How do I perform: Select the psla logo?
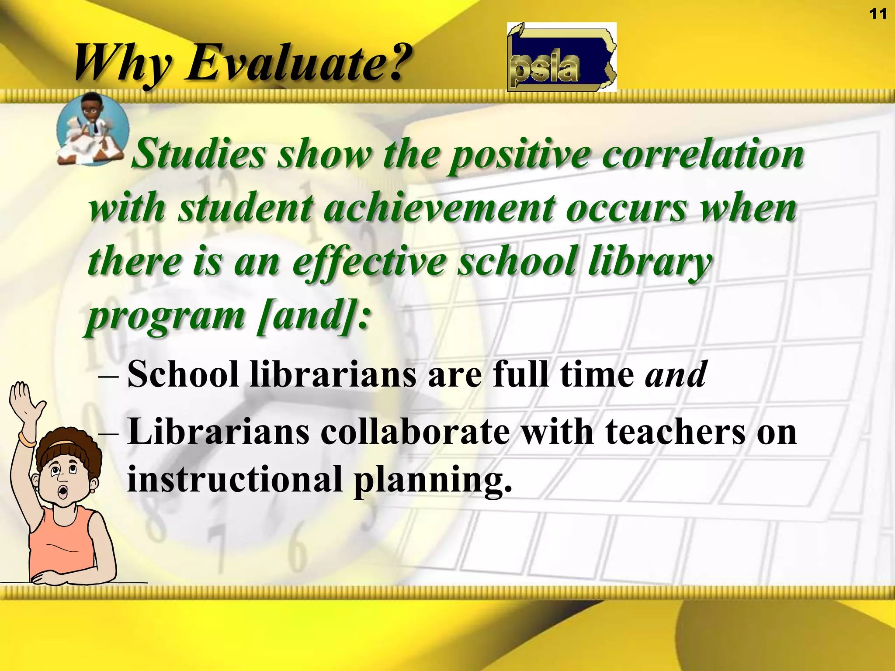tap(562, 57)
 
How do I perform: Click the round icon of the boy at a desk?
tap(93, 129)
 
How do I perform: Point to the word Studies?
tap(199, 154)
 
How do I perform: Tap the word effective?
tap(369, 262)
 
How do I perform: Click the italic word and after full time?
tap(676, 374)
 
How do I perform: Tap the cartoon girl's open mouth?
tap(64, 493)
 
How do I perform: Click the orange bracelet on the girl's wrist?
tap(28, 439)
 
